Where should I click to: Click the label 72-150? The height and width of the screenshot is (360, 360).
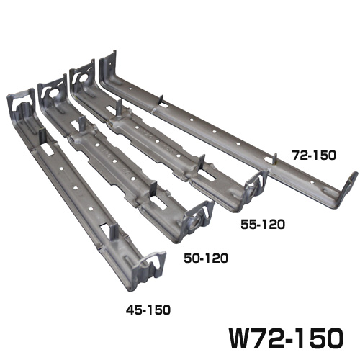[314, 156]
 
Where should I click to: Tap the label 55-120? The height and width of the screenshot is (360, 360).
[263, 225]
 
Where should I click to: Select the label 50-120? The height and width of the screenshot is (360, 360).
[206, 258]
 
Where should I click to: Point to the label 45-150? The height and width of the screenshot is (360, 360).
[148, 310]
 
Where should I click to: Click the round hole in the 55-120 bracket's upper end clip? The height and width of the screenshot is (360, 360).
[84, 78]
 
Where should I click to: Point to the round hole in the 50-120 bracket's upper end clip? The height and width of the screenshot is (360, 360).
[53, 93]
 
